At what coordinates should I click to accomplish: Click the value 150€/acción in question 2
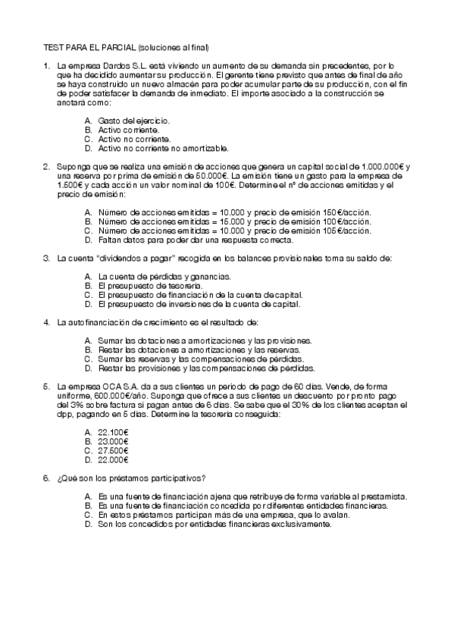click(x=347, y=212)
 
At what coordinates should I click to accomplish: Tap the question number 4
click(x=47, y=323)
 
